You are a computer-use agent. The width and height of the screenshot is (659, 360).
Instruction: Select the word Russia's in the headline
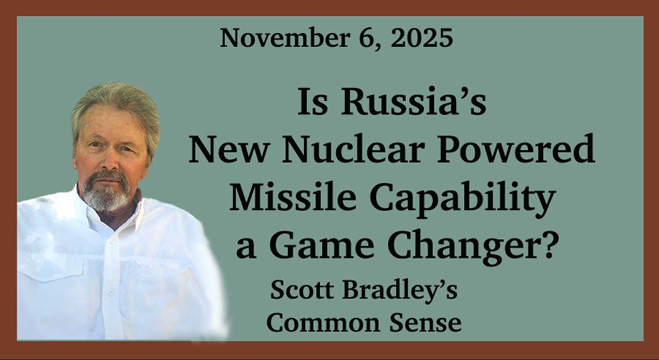[413, 102]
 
